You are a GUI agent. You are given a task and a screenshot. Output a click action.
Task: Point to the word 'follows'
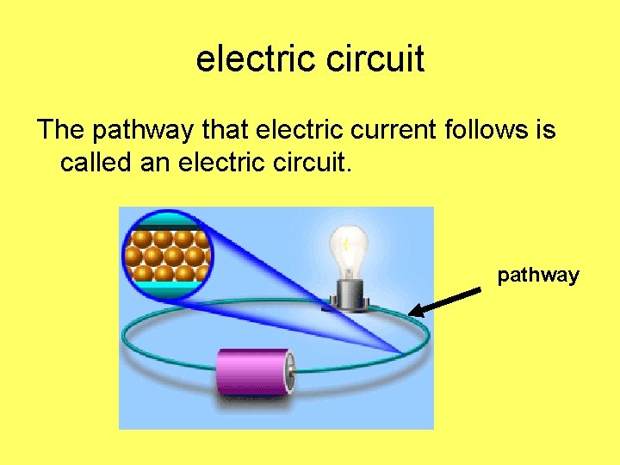click(486, 131)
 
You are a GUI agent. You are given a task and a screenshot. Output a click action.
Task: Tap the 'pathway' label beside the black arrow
click(538, 276)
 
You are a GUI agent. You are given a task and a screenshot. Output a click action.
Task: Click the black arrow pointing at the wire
click(445, 301)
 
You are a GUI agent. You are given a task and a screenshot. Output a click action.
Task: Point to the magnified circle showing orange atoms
click(168, 255)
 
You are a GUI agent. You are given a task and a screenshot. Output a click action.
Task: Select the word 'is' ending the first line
click(547, 131)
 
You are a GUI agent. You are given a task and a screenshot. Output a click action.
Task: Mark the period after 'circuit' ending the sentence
click(348, 169)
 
